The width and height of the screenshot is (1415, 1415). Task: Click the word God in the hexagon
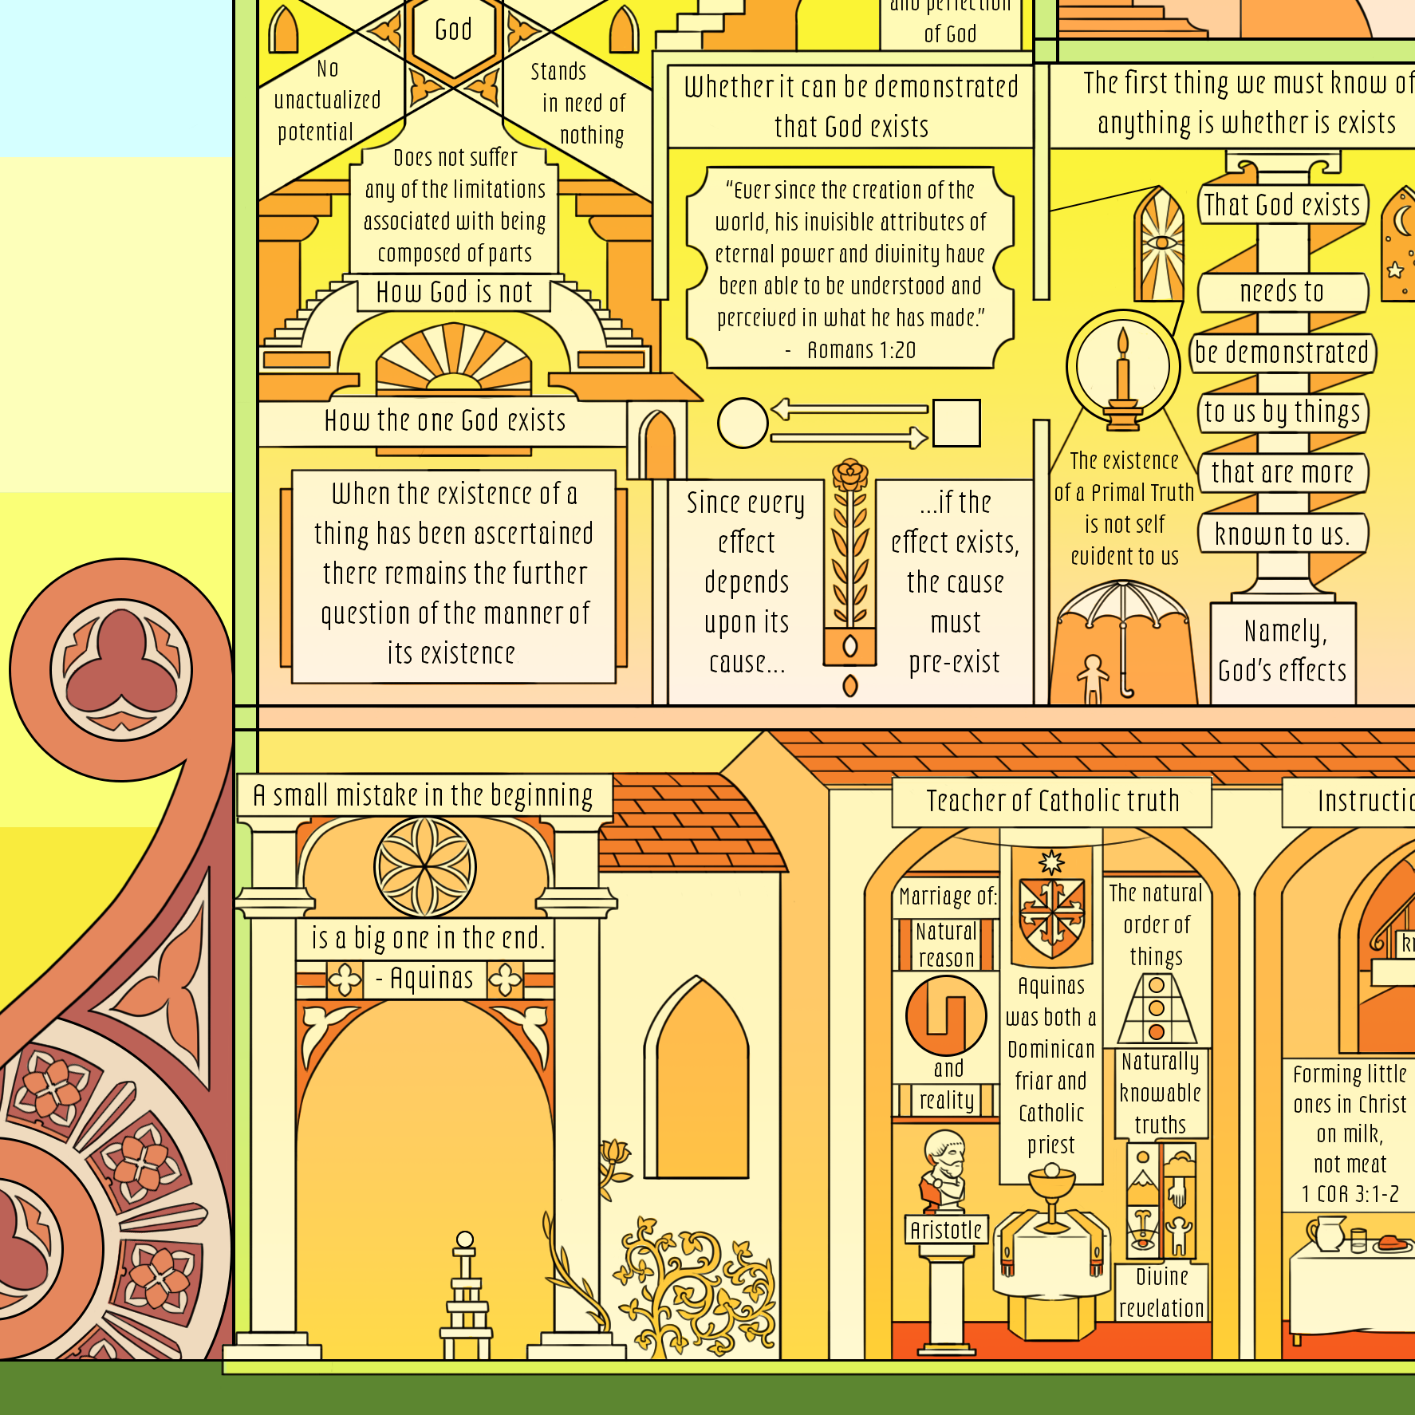453,30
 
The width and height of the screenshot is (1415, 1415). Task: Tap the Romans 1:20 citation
861,350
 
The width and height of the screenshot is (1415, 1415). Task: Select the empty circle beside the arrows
743,423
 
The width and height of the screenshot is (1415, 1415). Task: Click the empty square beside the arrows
956,423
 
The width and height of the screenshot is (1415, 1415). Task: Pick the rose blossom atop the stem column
850,475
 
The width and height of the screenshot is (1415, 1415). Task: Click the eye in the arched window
1161,242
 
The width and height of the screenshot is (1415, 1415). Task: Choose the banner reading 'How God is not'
454,293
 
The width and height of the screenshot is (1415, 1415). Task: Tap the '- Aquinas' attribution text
424,979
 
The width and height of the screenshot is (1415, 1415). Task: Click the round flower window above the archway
425,867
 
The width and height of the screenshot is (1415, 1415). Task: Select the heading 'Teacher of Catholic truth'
1052,801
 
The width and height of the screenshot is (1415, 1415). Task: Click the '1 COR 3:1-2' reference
1350,1194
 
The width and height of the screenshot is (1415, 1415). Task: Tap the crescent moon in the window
1402,221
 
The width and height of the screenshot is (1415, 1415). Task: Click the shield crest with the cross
1052,915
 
